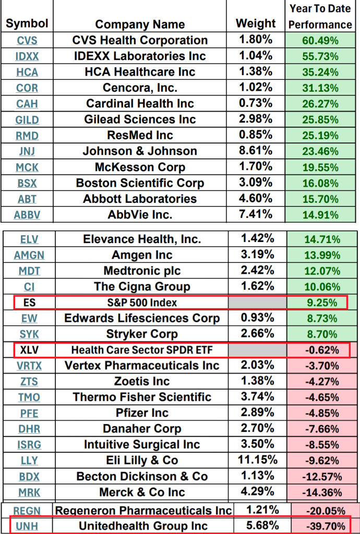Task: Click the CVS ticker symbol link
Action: [x=27, y=41]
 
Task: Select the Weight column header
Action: [x=256, y=23]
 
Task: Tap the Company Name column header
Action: [x=140, y=25]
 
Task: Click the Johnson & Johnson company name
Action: [x=140, y=151]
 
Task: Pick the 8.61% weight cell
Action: [x=256, y=151]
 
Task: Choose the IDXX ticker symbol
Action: [x=27, y=56]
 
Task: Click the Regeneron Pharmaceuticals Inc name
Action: [x=143, y=510]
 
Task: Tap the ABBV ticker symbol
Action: [x=27, y=215]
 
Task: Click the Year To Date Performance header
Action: [x=320, y=17]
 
